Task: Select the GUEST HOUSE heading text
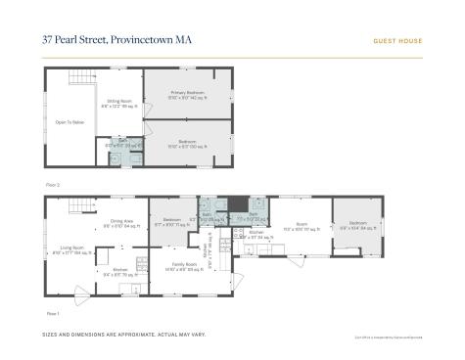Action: pyautogui.click(x=397, y=41)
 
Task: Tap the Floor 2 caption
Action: pyautogui.click(x=54, y=184)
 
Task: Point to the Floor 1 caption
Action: pyautogui.click(x=54, y=313)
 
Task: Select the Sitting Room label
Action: pyautogui.click(x=119, y=102)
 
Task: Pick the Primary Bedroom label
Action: pyautogui.click(x=184, y=95)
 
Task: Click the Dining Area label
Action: pyautogui.click(x=121, y=223)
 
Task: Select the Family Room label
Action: pyautogui.click(x=180, y=265)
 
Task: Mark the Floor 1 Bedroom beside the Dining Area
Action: pyautogui.click(x=171, y=221)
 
